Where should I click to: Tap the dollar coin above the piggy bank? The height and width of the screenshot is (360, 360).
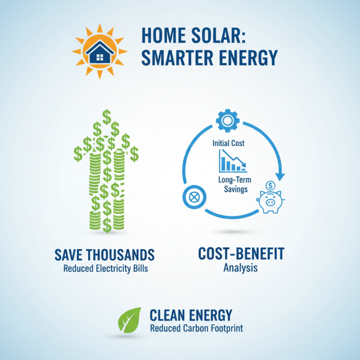click(x=271, y=185)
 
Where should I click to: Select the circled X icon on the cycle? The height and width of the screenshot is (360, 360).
click(x=194, y=197)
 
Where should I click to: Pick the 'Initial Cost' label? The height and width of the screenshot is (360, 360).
click(x=229, y=144)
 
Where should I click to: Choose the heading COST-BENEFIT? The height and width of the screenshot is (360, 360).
click(x=241, y=254)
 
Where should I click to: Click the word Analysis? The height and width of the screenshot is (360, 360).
click(x=241, y=268)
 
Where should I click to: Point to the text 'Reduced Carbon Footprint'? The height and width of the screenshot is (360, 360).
click(x=196, y=328)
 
